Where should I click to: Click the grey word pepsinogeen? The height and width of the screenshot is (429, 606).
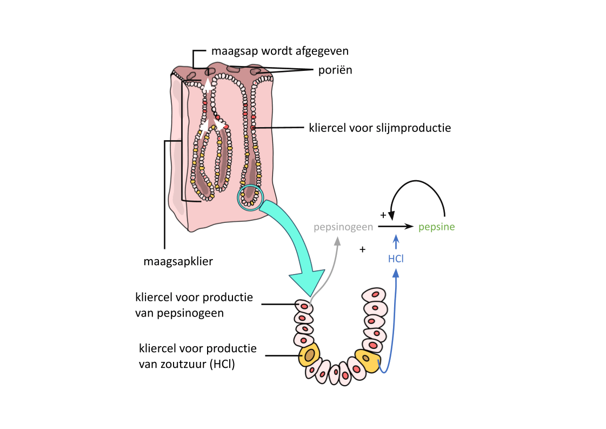(343, 227)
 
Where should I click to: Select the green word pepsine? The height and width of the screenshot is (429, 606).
(437, 227)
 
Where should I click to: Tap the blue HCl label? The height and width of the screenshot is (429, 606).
(396, 259)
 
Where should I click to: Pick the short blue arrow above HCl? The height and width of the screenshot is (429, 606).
(396, 241)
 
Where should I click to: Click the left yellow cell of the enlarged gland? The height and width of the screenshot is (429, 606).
(309, 355)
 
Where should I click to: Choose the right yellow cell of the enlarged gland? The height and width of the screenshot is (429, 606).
(367, 360)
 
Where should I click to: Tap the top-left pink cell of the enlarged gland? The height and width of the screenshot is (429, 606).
(304, 307)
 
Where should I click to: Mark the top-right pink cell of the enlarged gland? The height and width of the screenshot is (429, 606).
(374, 295)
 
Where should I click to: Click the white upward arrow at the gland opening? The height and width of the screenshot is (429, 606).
(208, 84)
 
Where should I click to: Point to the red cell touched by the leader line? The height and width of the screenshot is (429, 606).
(252, 128)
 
